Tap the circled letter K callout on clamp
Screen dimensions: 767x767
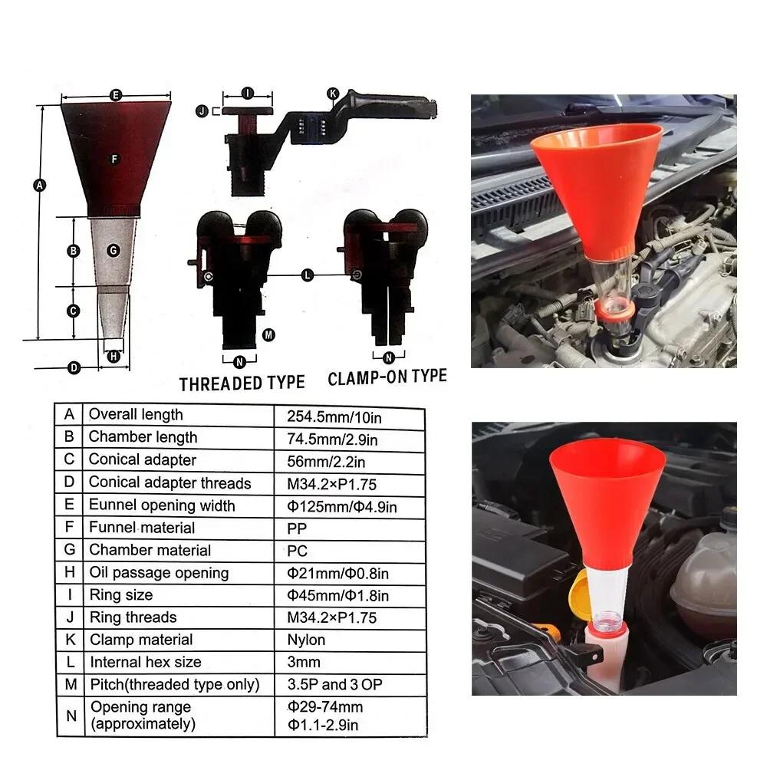click(332, 94)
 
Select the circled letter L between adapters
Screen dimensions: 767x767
click(308, 275)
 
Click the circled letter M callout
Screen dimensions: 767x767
click(268, 334)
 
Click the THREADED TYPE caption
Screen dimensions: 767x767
click(242, 383)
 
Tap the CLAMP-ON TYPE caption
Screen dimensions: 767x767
click(387, 377)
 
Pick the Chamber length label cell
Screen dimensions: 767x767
click(143, 437)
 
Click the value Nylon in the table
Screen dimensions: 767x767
click(305, 640)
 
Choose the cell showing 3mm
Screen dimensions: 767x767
click(301, 662)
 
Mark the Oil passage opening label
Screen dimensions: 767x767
click(159, 573)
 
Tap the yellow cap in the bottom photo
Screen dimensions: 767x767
click(581, 594)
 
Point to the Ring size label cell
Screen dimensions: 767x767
click(121, 595)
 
